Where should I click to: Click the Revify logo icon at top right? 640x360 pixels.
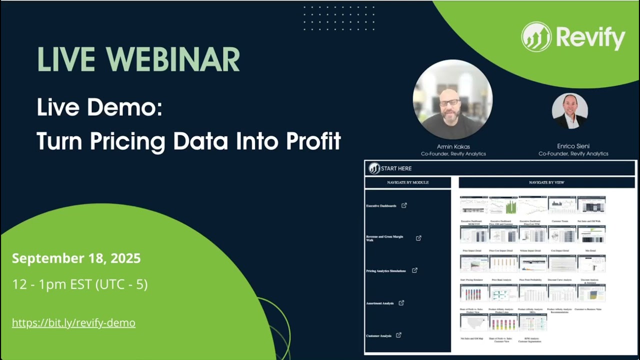pos(536,36)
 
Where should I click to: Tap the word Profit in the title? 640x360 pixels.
pos(313,141)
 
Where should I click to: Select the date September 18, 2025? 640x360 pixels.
pos(76,258)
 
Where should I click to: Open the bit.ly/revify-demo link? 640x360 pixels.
pos(73,323)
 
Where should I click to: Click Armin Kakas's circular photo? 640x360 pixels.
pos(452,99)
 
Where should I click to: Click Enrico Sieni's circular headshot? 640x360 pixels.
pos(570,111)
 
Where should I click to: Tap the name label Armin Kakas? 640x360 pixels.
pos(452,146)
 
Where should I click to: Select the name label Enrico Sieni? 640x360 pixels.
pos(573,146)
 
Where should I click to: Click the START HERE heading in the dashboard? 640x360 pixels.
pos(396,168)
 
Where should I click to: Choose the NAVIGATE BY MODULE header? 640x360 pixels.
pos(407,182)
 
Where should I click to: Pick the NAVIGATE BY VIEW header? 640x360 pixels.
pos(546,182)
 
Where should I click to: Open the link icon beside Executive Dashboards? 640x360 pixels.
pos(404,205)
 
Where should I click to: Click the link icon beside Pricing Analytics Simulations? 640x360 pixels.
pos(414,270)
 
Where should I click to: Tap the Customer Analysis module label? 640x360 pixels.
pos(378,336)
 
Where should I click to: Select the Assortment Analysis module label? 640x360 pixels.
pos(380,303)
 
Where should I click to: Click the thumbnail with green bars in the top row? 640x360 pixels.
pos(503,205)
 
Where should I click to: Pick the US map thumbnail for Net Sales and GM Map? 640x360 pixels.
pos(474,322)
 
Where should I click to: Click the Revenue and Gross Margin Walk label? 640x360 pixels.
pos(384,238)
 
